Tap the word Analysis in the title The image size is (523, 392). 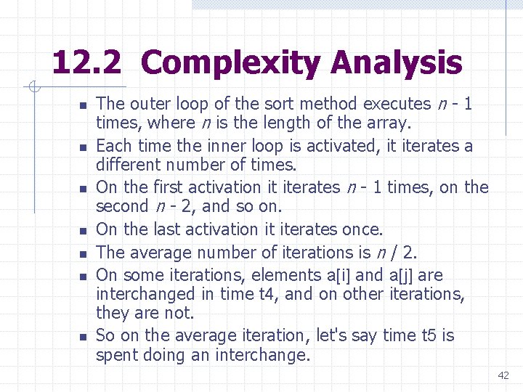click(396, 63)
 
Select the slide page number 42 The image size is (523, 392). click(503, 375)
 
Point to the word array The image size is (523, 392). click(391, 123)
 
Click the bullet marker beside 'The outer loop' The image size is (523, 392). click(82, 105)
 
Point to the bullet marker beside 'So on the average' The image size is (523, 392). click(82, 337)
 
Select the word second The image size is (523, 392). click(123, 205)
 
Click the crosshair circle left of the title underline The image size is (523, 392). click(33, 89)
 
